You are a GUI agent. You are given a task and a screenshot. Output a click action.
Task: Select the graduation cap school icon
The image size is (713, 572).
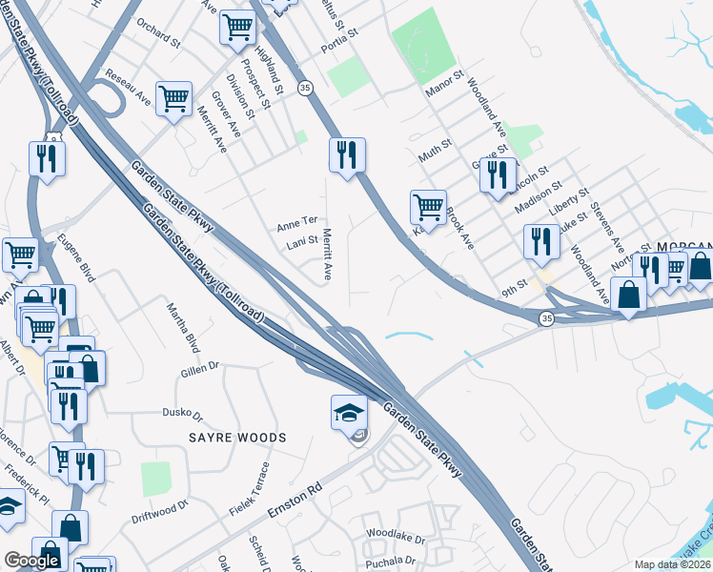click(349, 412)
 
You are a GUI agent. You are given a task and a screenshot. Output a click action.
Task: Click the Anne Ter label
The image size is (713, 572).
click(296, 223)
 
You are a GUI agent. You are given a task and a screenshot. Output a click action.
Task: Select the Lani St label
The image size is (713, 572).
click(301, 243)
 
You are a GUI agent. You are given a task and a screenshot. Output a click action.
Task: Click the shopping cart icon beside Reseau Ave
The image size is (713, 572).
click(174, 98)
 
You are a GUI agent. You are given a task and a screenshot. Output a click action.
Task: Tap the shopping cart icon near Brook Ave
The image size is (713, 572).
click(428, 207)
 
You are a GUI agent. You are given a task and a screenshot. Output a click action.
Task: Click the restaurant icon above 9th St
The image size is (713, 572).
click(540, 241)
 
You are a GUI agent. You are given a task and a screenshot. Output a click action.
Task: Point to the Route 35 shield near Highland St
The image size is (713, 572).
click(305, 88)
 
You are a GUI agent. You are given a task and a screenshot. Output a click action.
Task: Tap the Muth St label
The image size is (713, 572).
click(433, 154)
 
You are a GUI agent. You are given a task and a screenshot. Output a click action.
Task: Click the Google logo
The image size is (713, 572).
click(31, 561)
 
